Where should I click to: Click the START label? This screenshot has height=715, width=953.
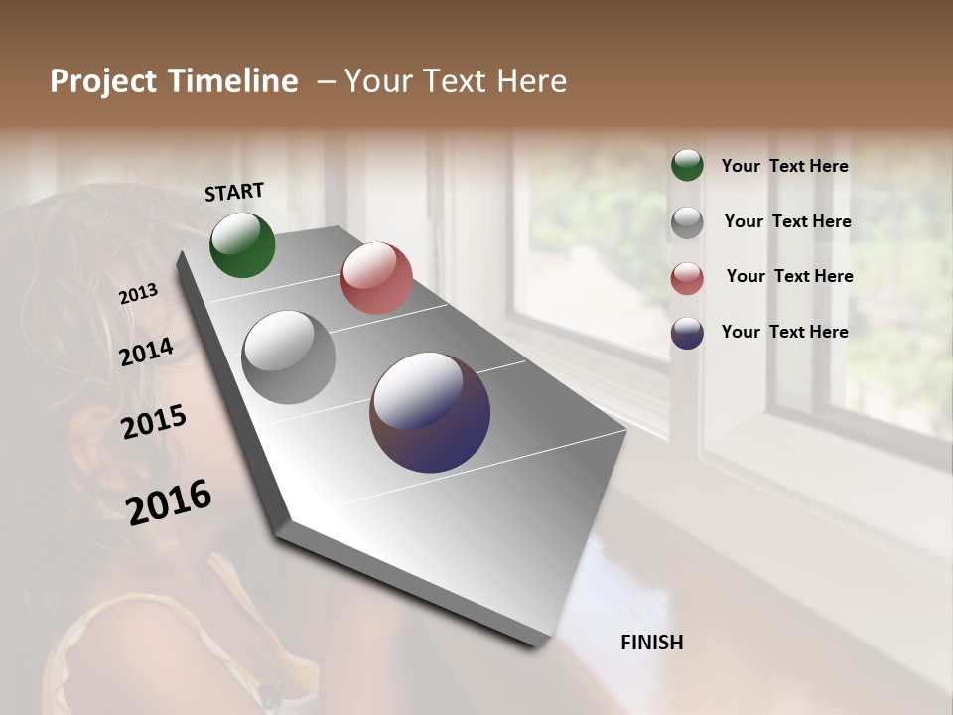(234, 192)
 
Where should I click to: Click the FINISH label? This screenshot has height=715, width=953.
(651, 643)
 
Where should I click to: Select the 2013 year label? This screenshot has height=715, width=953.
(138, 294)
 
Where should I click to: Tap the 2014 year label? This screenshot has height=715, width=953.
(146, 353)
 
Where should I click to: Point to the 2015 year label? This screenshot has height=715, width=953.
(154, 422)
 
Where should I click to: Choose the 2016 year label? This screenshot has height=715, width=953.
(169, 501)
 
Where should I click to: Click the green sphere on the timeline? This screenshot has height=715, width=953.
(242, 244)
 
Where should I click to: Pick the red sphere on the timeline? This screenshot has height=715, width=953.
(376, 278)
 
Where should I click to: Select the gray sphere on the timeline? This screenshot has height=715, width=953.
(289, 357)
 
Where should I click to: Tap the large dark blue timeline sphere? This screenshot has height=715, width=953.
(430, 412)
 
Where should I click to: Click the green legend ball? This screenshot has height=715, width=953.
(687, 165)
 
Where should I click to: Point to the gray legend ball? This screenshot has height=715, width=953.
(687, 221)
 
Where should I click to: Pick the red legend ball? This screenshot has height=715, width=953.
(687, 277)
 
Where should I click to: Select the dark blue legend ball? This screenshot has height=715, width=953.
(687, 333)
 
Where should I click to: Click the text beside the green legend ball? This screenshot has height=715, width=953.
(784, 166)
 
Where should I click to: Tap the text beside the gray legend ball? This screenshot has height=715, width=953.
(787, 221)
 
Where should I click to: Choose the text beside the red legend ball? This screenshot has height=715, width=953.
(789, 276)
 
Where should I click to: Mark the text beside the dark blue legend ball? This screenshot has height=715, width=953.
(784, 332)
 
